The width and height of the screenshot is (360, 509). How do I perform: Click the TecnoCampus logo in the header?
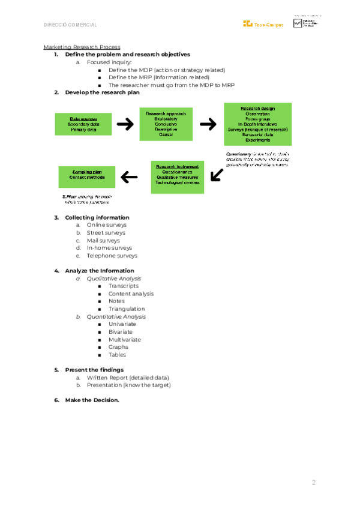point(263,24)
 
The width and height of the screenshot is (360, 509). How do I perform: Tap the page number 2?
point(313,483)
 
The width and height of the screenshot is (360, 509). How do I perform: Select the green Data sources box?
point(79,124)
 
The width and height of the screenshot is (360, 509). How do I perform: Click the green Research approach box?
point(166,124)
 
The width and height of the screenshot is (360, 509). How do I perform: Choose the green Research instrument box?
point(178,176)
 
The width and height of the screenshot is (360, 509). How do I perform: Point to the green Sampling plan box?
point(86,176)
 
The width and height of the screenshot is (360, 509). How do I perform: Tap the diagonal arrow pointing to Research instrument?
point(217,174)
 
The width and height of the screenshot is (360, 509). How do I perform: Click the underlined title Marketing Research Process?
point(82,47)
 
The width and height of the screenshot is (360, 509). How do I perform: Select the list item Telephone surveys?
point(112,255)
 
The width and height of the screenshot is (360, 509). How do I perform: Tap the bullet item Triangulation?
point(127,309)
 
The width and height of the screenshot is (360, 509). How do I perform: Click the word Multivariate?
point(125,339)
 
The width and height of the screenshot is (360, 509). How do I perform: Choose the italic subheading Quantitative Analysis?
point(116,316)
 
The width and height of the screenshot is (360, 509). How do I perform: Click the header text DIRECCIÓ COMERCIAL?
point(70,25)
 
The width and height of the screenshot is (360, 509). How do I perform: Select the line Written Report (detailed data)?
point(128,378)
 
